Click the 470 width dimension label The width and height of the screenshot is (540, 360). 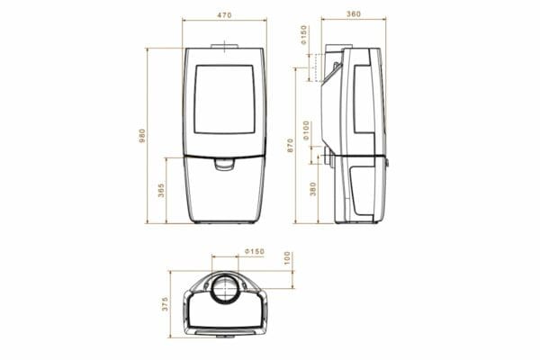[x=224, y=15]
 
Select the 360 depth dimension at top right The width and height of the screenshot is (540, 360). [x=354, y=14]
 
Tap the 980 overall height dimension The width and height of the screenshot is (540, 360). [x=142, y=136]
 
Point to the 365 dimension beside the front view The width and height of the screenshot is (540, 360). [x=161, y=191]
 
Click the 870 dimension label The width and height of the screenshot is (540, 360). [x=290, y=146]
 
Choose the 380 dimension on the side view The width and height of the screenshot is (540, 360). [x=312, y=189]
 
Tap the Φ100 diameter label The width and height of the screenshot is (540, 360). [x=306, y=130]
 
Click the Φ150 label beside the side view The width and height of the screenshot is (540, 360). [x=303, y=34]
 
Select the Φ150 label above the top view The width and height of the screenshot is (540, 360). [x=255, y=251]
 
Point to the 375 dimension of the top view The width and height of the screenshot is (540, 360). [x=165, y=304]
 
